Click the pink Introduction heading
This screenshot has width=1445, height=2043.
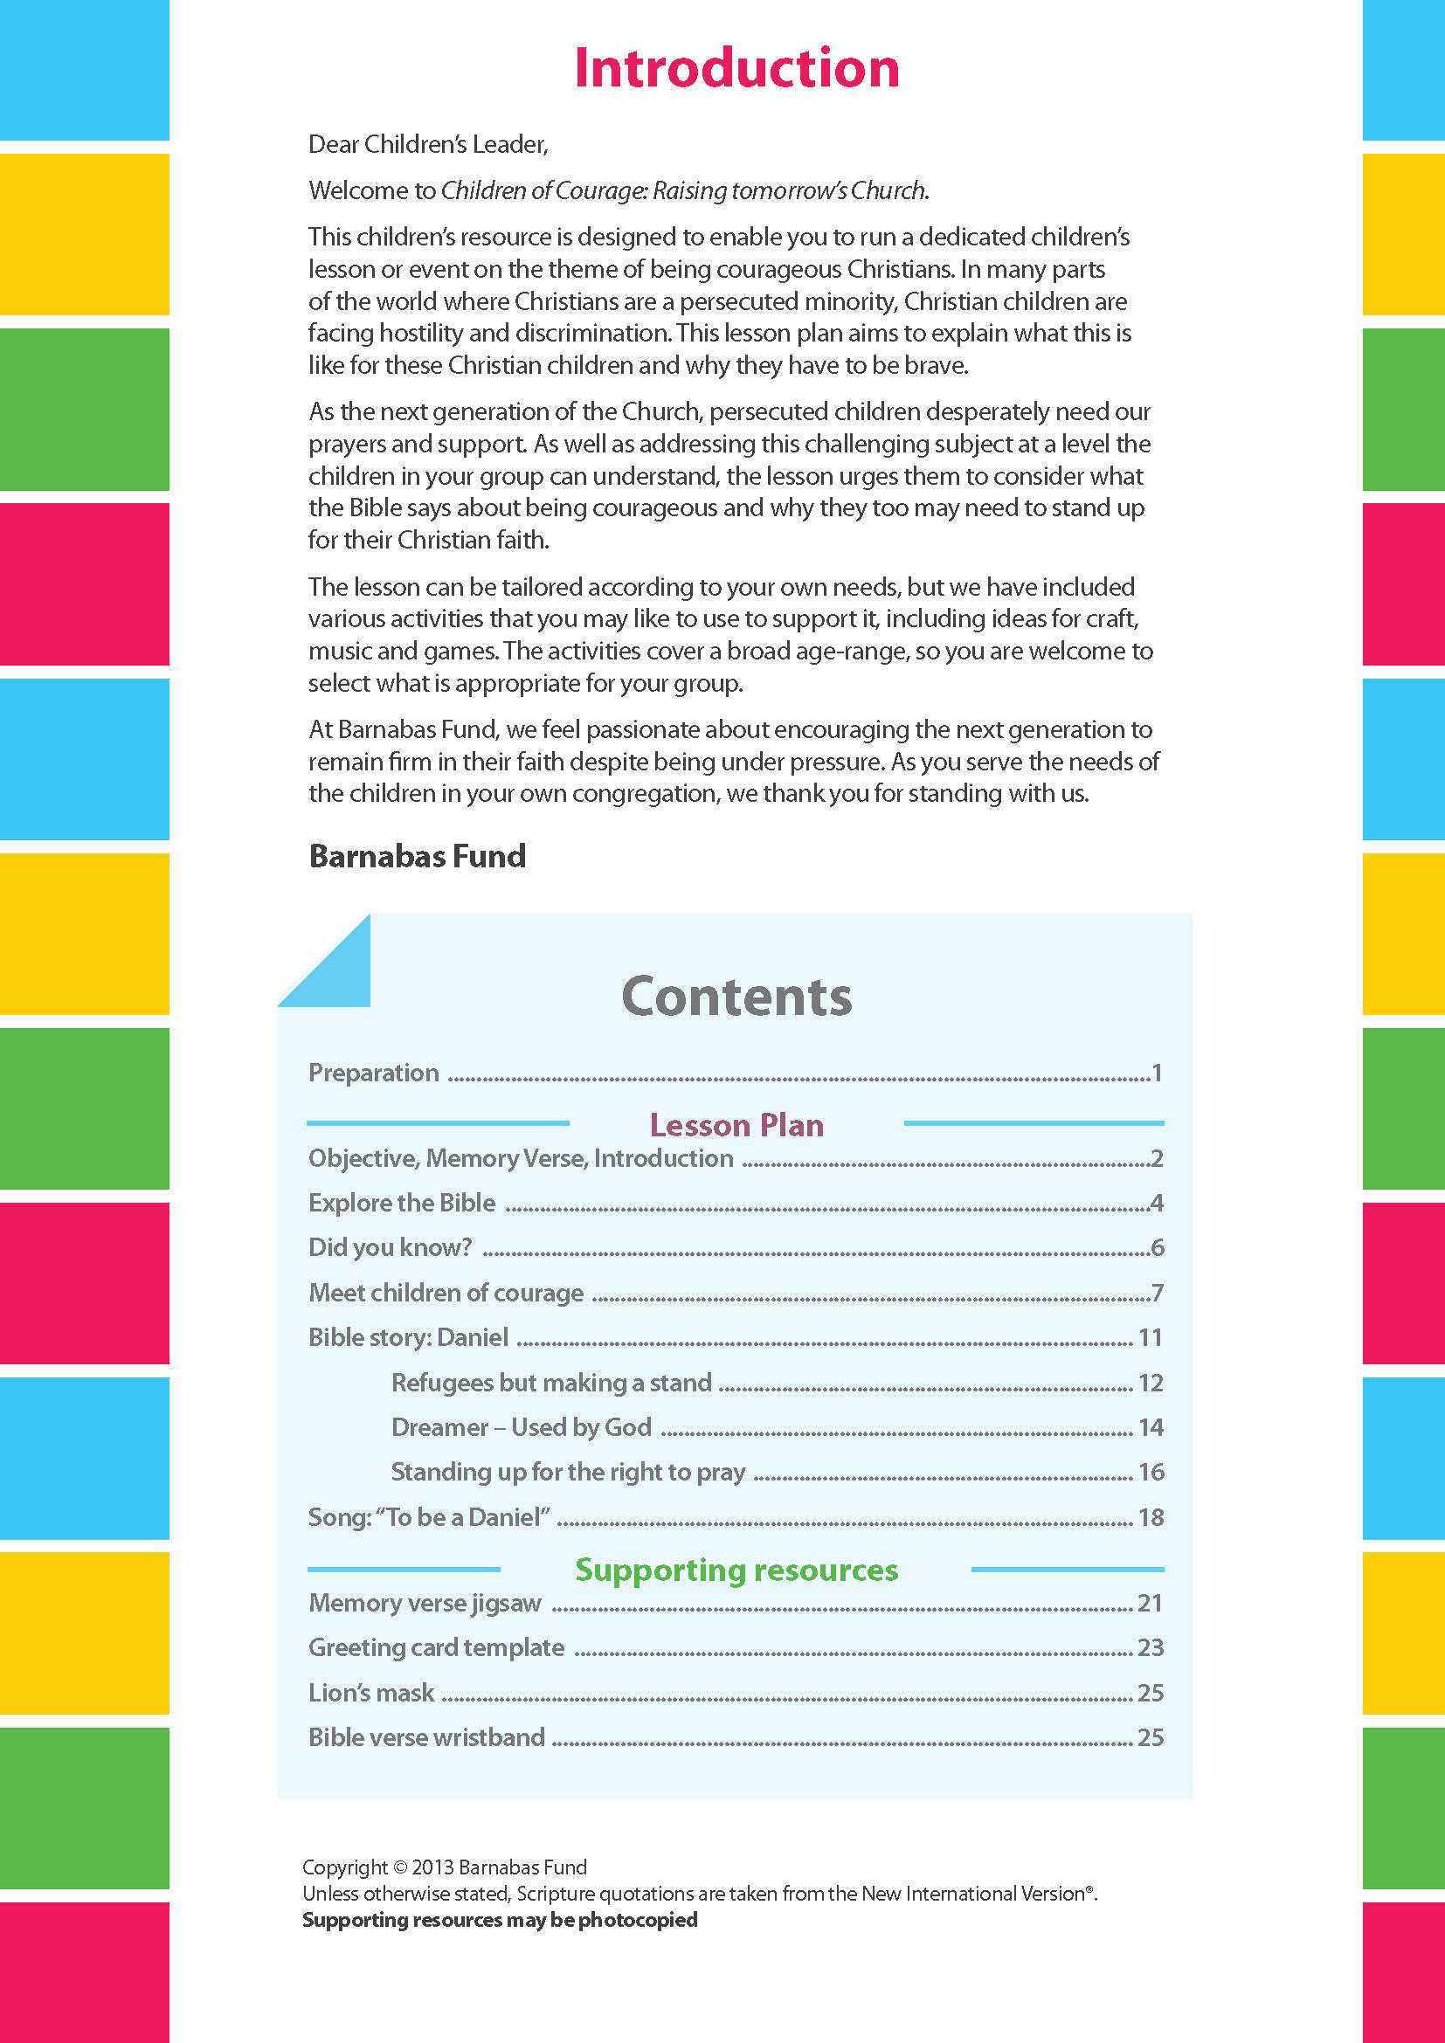736,68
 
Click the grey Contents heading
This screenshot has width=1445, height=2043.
736,996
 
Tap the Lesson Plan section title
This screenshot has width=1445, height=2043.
736,1125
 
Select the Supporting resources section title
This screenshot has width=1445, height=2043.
736,1570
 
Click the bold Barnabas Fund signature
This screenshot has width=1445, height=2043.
418,856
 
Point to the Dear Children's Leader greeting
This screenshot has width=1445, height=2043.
428,144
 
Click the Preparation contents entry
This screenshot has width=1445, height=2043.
374,1073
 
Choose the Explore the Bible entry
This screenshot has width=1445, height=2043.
401,1203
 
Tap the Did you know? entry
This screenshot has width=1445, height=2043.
390,1247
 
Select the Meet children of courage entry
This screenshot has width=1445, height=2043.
446,1293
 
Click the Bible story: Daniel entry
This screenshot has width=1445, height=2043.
408,1337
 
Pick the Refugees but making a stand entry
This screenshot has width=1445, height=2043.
551,1383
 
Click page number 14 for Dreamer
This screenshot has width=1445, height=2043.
1151,1427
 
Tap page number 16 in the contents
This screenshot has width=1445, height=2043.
1151,1472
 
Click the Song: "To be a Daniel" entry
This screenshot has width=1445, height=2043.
429,1517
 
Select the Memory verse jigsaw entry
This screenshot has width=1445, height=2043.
425,1604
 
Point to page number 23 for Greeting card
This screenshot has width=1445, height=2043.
1150,1648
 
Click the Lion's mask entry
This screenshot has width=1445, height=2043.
371,1693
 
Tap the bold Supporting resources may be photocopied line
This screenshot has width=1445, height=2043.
499,1920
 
